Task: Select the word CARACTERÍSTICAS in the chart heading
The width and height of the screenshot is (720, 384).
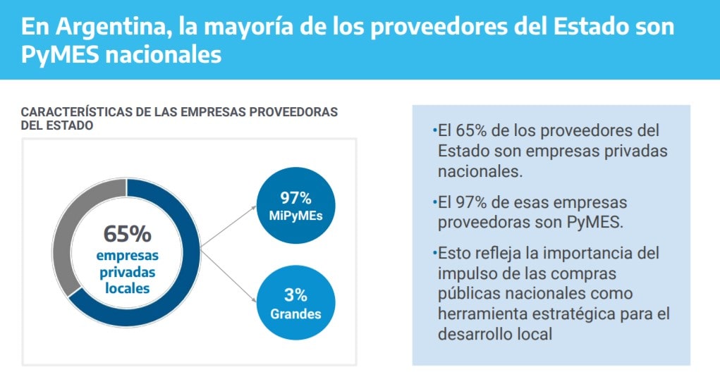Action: point(71,113)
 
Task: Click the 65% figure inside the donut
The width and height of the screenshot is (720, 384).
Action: point(127,233)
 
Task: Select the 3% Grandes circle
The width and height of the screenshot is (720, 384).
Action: point(295,304)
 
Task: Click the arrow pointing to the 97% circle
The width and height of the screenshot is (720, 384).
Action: point(229,228)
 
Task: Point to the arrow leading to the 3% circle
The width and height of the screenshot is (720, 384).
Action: point(229,273)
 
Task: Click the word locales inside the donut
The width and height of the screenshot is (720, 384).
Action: point(127,288)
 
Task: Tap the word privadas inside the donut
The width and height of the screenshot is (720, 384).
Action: point(127,272)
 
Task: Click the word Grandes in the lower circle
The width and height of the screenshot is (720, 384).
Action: point(295,314)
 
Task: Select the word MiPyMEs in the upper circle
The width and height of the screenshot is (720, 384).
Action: point(295,216)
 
